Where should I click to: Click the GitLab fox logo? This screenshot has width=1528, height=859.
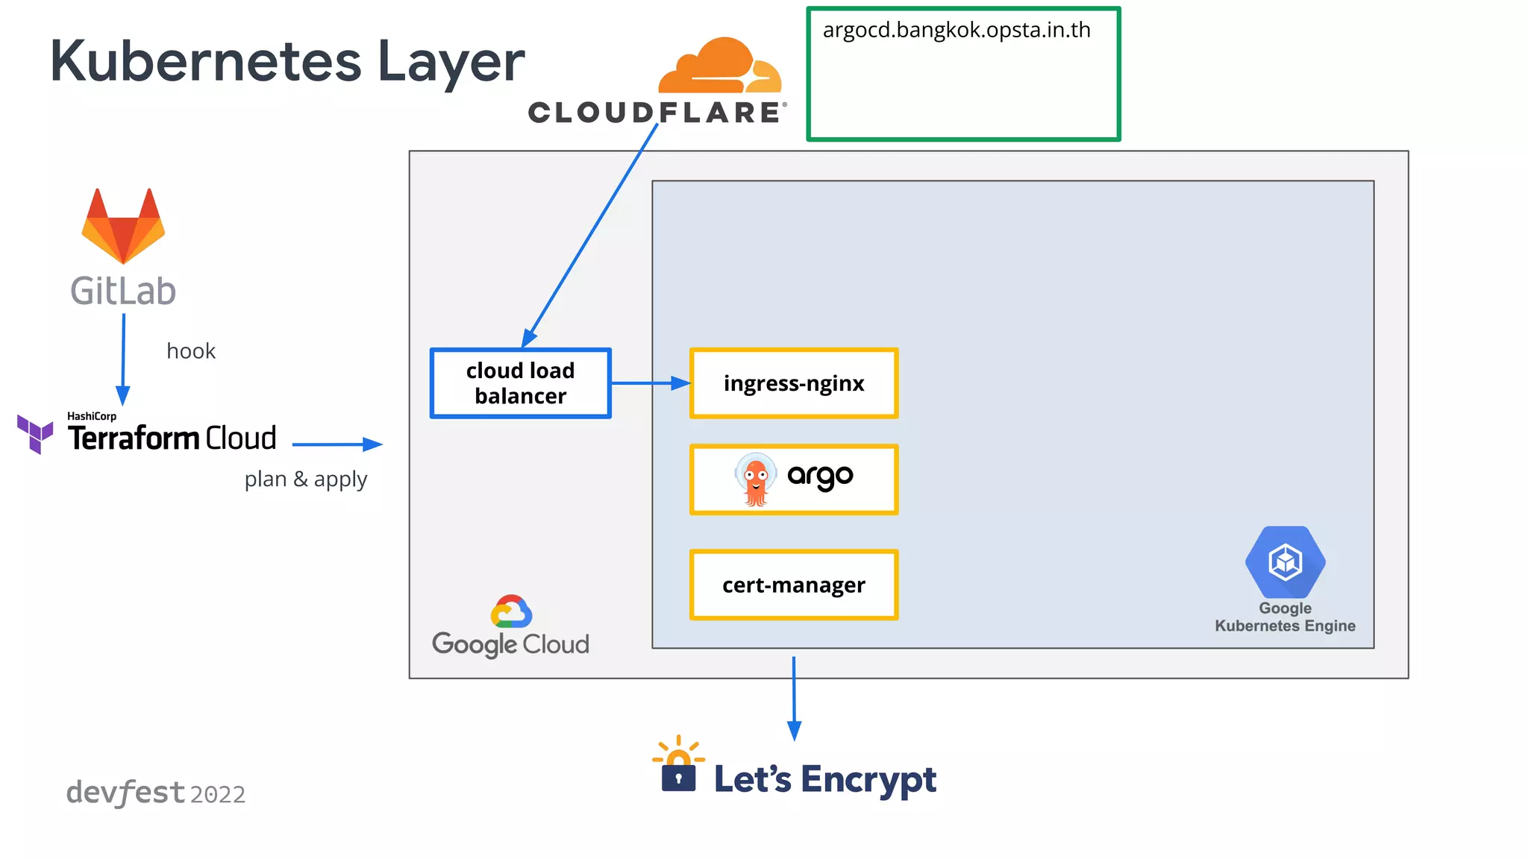coord(123,227)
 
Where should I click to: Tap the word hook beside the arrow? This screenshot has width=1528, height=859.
coord(191,351)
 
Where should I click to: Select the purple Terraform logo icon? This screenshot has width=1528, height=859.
coord(35,434)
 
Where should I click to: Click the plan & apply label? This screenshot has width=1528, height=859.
coord(306,479)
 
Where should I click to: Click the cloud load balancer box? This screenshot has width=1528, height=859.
coord(520,383)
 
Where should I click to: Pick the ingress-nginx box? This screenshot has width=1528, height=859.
coord(794,383)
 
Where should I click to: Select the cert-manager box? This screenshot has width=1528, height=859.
coord(794,585)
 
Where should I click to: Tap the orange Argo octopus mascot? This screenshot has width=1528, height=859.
coord(756,479)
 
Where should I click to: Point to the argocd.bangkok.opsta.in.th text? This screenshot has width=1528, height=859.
coord(956,31)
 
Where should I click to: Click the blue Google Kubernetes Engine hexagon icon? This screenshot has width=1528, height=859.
coord(1285,562)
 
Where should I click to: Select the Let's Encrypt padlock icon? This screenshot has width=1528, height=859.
coord(678,770)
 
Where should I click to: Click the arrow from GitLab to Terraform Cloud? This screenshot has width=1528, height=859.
coord(123,359)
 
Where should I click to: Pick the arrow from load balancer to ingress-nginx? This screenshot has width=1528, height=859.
coord(650,383)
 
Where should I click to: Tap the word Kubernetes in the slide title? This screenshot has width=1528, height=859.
coord(206,61)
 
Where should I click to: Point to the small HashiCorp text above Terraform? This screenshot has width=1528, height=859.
coord(92,416)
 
